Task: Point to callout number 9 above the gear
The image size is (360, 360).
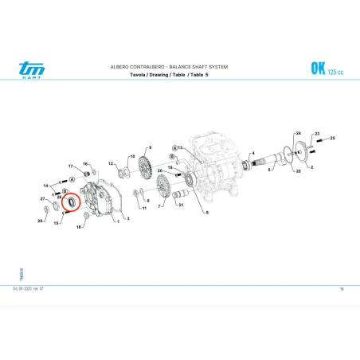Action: coord(149,148)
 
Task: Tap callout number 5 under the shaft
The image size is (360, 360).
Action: coord(269,170)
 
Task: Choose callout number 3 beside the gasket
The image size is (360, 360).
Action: coord(127,217)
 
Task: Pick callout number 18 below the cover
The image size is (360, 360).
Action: coord(78,227)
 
